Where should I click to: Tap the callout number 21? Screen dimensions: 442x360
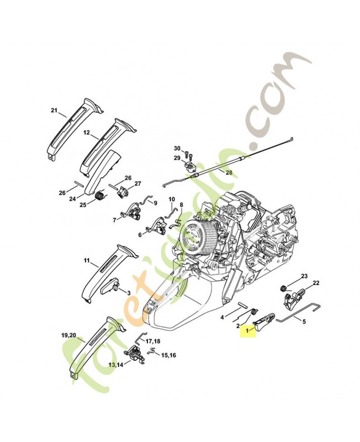click(54, 110)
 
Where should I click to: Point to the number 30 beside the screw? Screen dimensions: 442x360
click(177, 149)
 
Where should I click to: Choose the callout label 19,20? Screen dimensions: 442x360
click(69, 335)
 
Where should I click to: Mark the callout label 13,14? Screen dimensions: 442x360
click(116, 364)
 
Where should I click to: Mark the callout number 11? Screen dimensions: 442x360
click(87, 259)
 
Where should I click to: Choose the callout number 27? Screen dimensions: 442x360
click(137, 184)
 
